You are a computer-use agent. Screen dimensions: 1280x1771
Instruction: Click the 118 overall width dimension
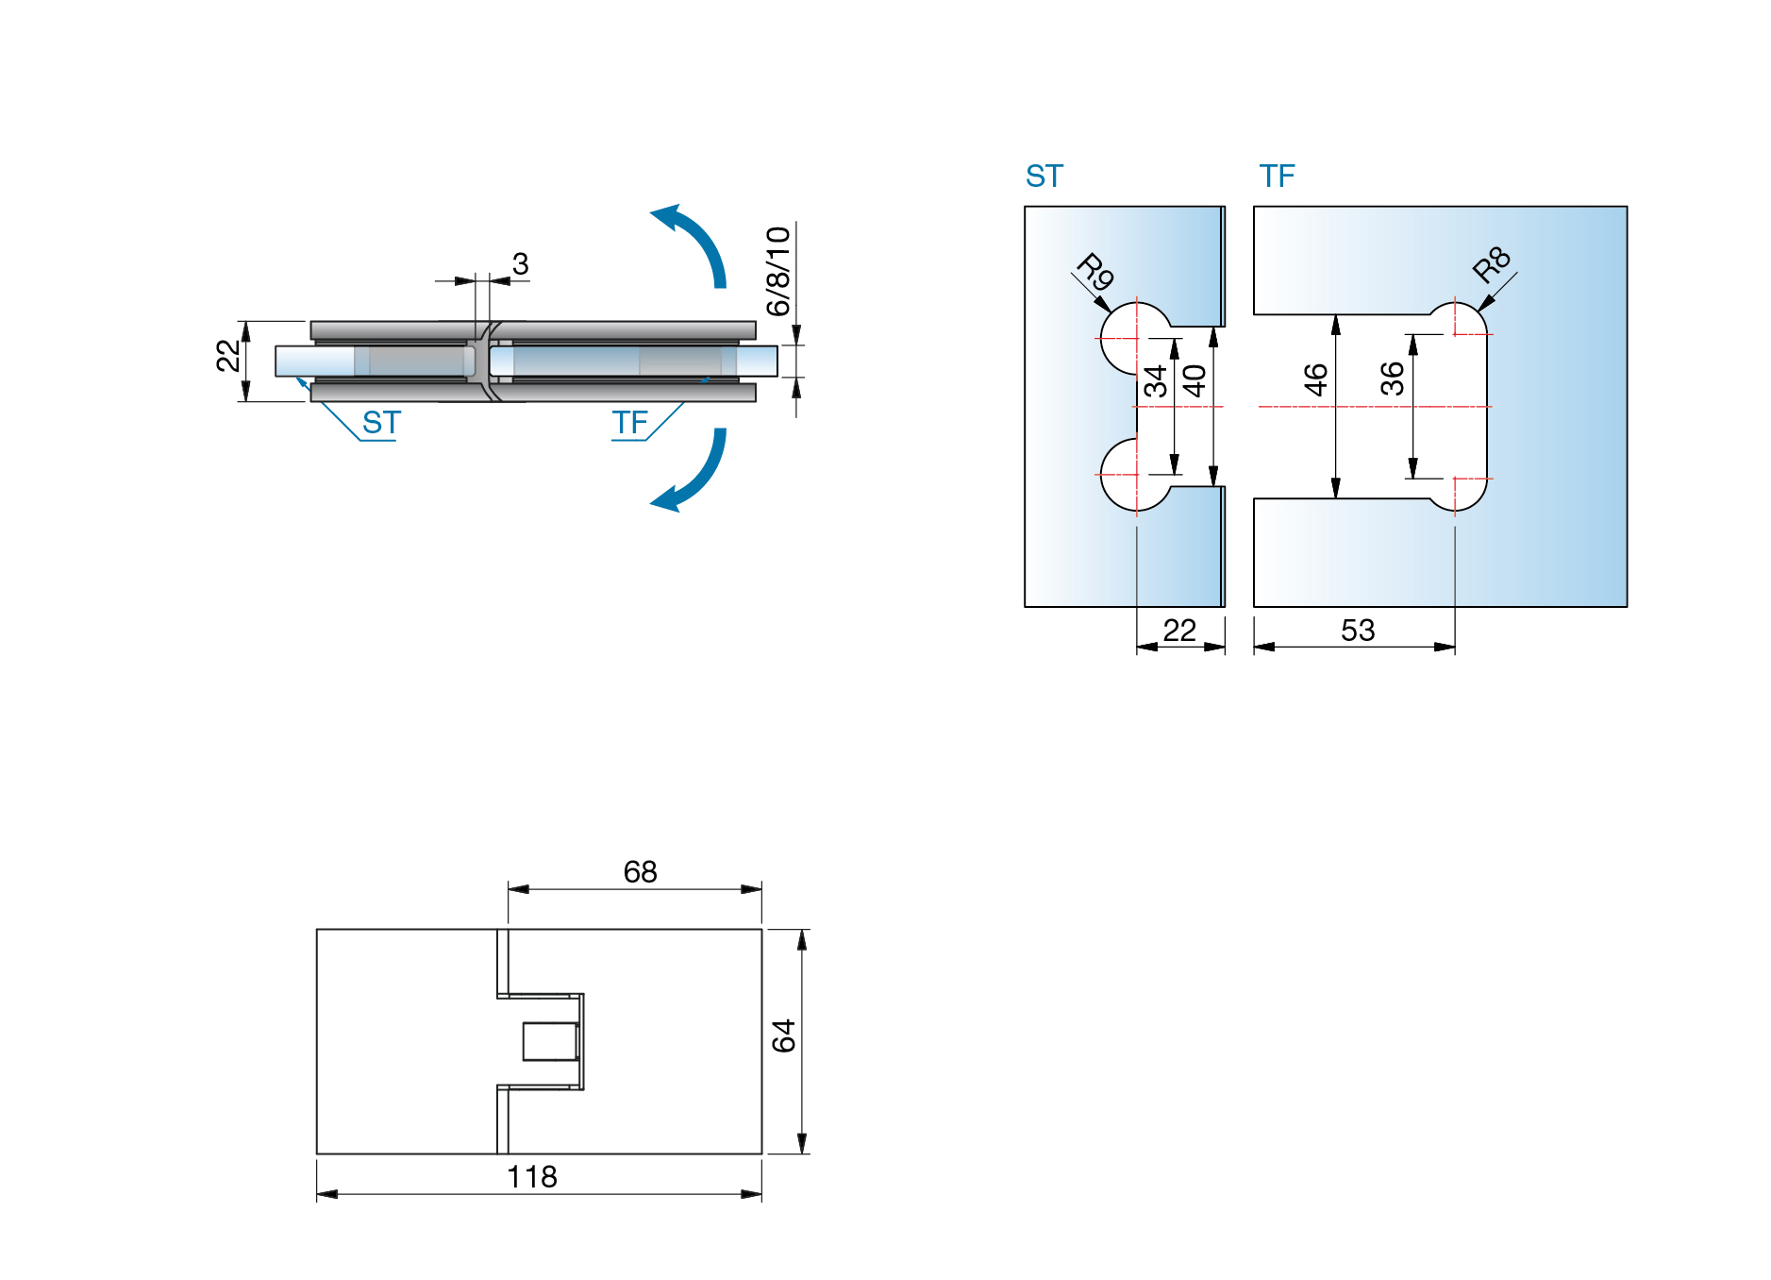(x=532, y=1176)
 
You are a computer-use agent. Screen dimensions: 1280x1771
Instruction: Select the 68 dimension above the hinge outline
(x=640, y=871)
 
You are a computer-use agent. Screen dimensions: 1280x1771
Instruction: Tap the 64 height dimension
(x=783, y=1036)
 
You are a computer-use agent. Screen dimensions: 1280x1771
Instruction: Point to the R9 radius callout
(x=1095, y=272)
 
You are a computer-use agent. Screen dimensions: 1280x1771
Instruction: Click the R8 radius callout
(x=1492, y=264)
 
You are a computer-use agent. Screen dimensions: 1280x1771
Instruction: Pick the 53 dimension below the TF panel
(x=1357, y=631)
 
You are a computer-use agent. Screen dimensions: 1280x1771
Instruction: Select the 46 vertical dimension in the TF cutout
(x=1315, y=379)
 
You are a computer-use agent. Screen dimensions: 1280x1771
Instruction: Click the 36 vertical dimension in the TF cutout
(x=1392, y=379)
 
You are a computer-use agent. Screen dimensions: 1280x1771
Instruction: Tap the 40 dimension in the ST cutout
(x=1195, y=380)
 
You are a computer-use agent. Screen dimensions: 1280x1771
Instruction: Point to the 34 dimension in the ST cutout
(x=1155, y=381)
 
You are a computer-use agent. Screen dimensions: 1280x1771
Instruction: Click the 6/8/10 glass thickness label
(x=778, y=271)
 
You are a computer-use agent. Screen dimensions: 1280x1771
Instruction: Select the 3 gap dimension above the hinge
(x=520, y=263)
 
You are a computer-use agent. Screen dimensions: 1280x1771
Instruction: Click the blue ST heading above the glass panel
(x=1044, y=177)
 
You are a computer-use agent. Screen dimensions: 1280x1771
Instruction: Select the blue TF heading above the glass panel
(x=1277, y=177)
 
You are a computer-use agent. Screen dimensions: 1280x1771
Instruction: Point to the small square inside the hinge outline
(x=550, y=1041)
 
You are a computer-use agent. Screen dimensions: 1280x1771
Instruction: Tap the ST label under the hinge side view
(x=381, y=423)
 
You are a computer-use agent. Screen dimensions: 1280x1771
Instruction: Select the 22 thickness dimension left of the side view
(x=227, y=356)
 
